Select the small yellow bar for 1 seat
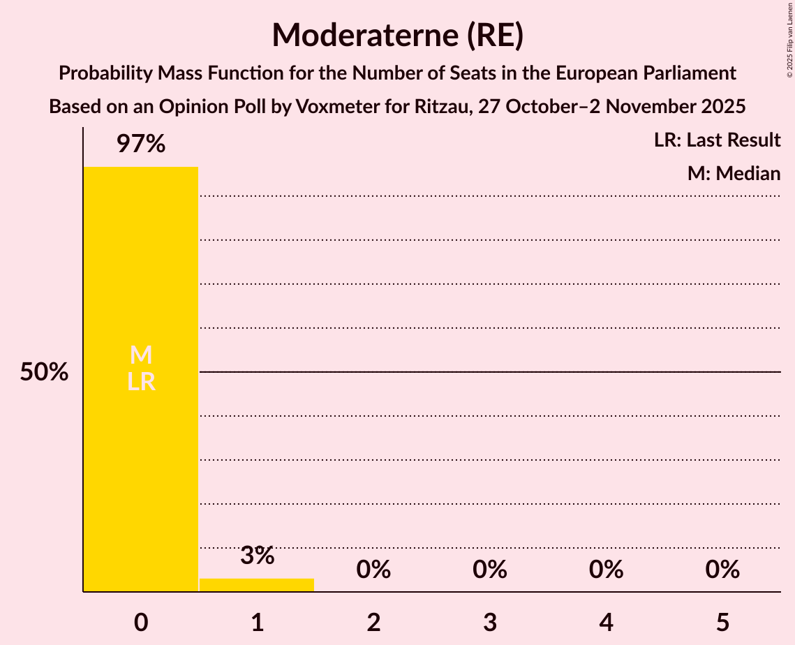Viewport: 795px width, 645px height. tap(257, 585)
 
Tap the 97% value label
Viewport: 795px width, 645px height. tap(140, 144)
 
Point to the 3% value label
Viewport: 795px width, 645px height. tap(257, 556)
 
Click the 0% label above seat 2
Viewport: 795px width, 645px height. tap(373, 570)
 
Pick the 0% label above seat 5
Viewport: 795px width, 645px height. tap(722, 570)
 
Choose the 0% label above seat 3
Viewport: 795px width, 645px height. tap(490, 570)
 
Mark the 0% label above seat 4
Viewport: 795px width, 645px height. tap(606, 570)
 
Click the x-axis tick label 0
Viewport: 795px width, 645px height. tap(141, 622)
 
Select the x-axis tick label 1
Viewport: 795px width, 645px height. tap(257, 622)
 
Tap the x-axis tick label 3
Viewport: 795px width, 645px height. tap(490, 622)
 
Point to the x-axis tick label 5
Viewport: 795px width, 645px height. tap(722, 622)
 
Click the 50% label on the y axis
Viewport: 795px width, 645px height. tap(44, 372)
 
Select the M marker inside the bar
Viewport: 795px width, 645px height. tap(141, 355)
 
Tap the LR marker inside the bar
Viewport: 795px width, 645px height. tap(141, 382)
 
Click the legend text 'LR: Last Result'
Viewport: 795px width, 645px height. tap(717, 140)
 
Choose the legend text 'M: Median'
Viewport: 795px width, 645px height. tap(734, 173)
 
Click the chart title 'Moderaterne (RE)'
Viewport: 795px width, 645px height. tap(397, 35)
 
